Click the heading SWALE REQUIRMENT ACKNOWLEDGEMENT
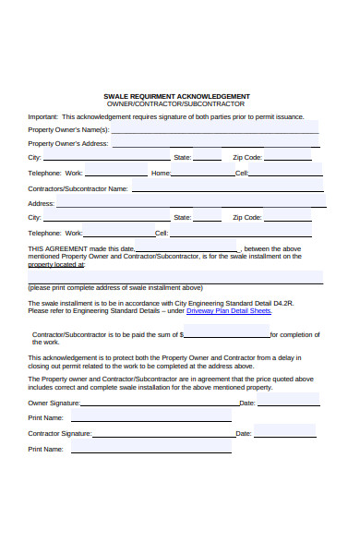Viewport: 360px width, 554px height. pyautogui.click(x=176, y=96)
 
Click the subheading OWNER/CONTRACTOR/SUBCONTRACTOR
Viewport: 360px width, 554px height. pyautogui.click(x=176, y=104)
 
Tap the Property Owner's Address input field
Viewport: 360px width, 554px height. pyautogui.click(x=217, y=143)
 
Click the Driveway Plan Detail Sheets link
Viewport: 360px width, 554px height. pyautogui.click(x=228, y=311)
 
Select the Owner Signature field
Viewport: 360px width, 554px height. pyautogui.click(x=158, y=403)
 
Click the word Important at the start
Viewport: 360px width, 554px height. pyautogui.click(x=42, y=117)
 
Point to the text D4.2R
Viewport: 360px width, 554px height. pyautogui.click(x=280, y=303)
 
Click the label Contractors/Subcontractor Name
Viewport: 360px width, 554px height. pyautogui.click(x=78, y=188)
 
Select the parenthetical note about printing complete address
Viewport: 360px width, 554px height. pyautogui.click(x=114, y=287)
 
